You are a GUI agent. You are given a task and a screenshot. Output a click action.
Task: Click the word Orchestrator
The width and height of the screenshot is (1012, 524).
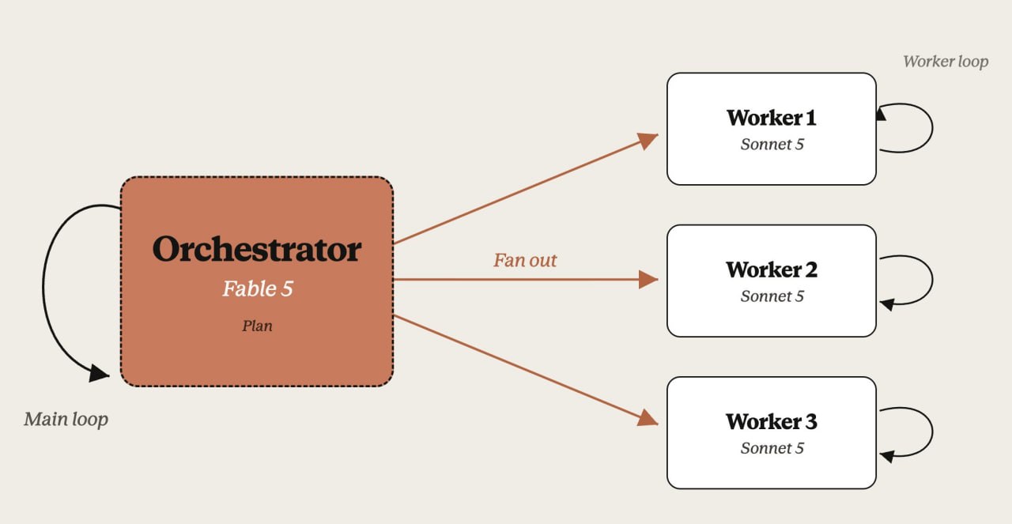tap(257, 249)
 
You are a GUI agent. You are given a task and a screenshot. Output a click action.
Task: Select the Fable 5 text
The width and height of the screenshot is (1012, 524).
tap(258, 288)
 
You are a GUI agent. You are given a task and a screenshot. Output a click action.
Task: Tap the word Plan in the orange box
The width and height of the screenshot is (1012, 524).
tap(257, 326)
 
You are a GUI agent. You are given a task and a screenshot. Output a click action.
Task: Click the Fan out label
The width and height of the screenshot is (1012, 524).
tap(525, 260)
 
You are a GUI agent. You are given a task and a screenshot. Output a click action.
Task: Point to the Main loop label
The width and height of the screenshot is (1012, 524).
tap(66, 419)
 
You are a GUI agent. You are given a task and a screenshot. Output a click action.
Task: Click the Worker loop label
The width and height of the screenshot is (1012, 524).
tap(946, 62)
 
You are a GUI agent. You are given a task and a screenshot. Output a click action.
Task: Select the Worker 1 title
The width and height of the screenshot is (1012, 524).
tap(772, 118)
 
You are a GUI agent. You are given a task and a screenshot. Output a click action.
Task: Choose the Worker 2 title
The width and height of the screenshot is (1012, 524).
tap(772, 270)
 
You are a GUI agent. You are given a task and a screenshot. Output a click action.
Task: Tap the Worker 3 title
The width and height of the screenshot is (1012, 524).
tap(772, 421)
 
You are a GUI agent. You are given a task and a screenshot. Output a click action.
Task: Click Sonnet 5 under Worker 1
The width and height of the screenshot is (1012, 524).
tap(772, 144)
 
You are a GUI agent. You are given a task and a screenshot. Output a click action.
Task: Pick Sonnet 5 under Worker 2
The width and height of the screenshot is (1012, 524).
tap(772, 296)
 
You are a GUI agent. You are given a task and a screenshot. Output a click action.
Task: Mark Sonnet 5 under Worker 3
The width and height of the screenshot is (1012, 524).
tap(772, 447)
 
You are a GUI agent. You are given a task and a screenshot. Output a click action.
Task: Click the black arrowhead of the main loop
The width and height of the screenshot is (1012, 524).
tap(99, 373)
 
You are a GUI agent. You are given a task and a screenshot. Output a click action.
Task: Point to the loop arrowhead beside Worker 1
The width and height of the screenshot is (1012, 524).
tap(881, 113)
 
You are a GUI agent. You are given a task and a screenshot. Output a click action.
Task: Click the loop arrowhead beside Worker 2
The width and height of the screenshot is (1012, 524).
tap(887, 304)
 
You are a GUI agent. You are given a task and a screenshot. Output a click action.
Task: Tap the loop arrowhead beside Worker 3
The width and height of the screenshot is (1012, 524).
tap(887, 456)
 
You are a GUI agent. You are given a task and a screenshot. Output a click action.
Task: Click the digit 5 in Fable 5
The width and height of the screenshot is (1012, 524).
tap(287, 288)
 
